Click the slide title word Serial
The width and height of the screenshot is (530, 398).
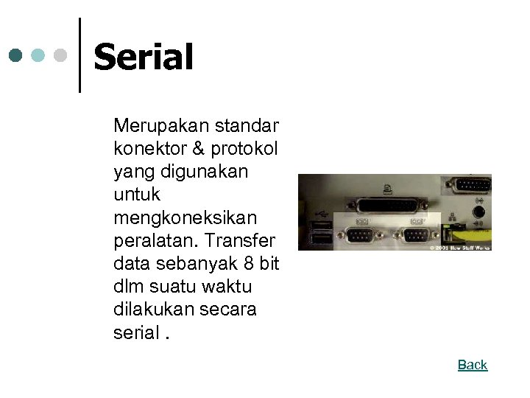[144, 57]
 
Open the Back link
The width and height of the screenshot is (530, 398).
[473, 365]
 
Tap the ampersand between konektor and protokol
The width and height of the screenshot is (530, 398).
[198, 148]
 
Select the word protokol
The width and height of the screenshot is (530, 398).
[244, 149]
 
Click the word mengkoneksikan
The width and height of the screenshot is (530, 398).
[185, 218]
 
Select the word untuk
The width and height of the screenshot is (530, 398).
[137, 195]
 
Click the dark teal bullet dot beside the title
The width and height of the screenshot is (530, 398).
[16, 55]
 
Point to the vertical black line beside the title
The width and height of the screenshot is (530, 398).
[79, 55]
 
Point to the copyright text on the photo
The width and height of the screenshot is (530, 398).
[460, 248]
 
